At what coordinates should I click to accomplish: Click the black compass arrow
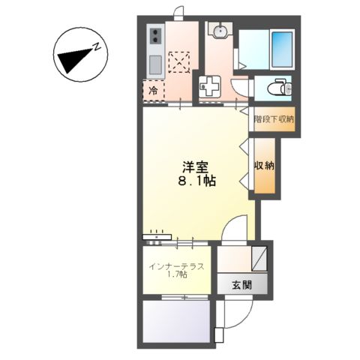[73, 56]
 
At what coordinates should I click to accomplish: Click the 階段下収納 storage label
[274, 118]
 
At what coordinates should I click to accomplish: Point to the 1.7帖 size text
[178, 277]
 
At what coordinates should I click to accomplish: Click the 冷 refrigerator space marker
[153, 91]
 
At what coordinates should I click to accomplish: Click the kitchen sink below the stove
[155, 63]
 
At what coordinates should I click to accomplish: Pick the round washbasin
[220, 32]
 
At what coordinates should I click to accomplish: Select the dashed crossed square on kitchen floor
[180, 59]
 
